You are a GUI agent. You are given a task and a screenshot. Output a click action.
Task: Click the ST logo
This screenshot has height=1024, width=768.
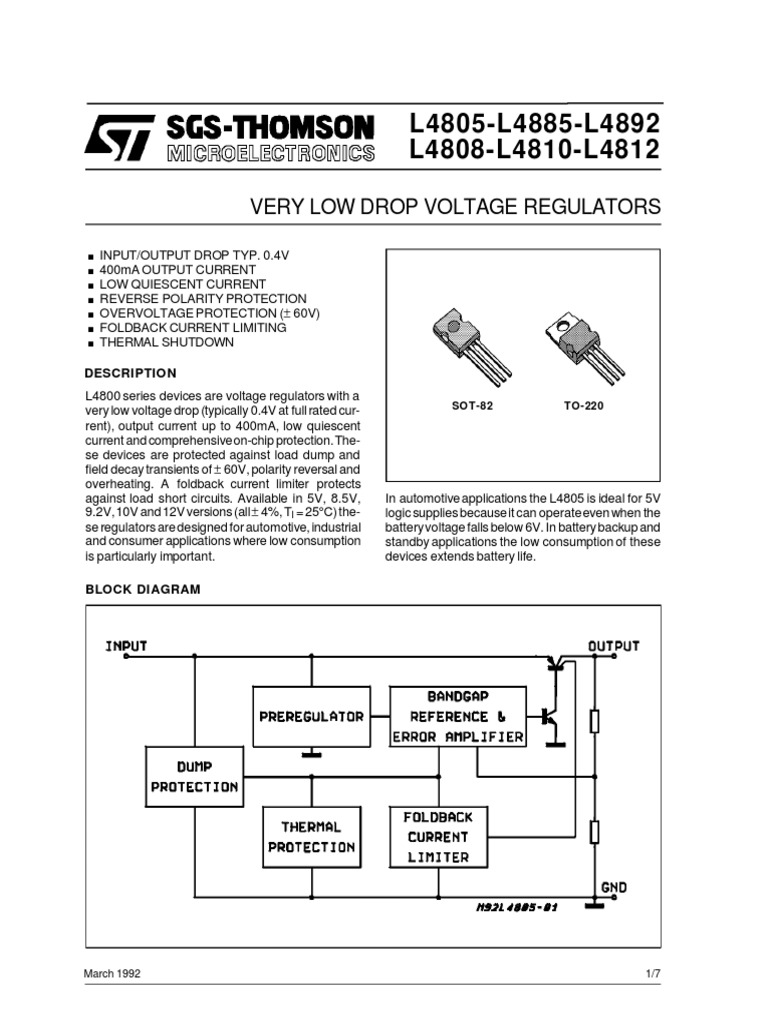[x=119, y=136]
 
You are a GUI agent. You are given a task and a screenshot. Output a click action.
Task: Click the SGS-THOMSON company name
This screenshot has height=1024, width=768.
[x=270, y=127]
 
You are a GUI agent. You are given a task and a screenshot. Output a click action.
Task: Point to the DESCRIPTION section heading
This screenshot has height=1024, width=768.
[x=131, y=373]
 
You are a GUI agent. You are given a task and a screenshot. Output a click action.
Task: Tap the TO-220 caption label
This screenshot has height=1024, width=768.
[x=584, y=408]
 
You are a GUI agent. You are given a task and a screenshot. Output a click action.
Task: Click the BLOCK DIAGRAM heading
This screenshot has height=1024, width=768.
[x=143, y=589]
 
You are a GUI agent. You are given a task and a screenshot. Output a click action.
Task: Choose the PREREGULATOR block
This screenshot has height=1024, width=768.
[x=311, y=716]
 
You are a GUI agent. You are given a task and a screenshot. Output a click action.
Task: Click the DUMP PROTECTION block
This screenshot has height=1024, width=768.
[x=194, y=777]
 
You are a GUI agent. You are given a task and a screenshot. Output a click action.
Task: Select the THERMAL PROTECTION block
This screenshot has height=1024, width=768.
[x=311, y=837]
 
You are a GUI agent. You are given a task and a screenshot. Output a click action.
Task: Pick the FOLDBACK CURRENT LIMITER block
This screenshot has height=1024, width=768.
[x=438, y=836]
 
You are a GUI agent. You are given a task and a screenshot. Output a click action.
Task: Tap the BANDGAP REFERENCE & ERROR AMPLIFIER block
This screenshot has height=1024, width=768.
[x=458, y=716]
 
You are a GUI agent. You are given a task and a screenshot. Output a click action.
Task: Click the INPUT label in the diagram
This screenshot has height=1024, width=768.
[x=126, y=645]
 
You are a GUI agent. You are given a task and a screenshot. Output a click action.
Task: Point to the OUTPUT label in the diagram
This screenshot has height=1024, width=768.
[x=614, y=645]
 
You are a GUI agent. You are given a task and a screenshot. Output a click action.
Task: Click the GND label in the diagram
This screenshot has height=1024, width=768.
[x=614, y=887]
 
